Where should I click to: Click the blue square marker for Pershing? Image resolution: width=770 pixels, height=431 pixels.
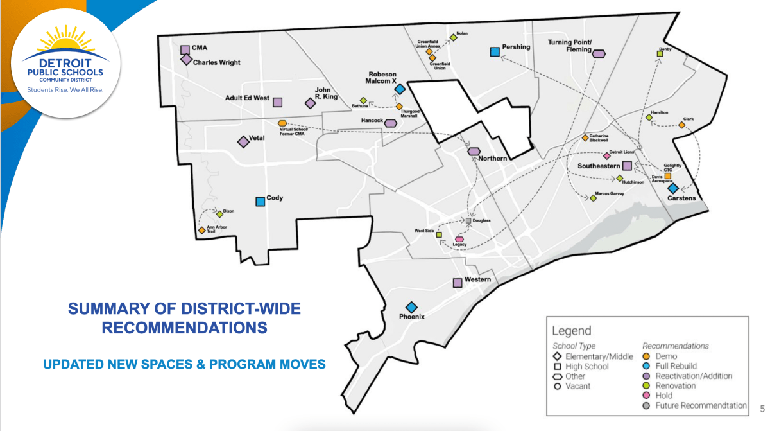[495, 52]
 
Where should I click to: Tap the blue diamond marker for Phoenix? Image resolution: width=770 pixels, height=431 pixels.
[411, 308]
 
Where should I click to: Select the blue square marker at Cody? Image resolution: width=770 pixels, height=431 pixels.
[261, 201]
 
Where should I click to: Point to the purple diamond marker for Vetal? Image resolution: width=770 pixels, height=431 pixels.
[243, 142]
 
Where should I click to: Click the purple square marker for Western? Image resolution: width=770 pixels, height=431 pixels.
[458, 283]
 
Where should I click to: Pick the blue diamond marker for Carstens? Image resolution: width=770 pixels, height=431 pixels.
[672, 188]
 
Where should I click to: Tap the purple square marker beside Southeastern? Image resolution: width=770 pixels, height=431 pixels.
[628, 166]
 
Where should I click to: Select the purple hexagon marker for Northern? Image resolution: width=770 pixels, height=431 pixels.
[474, 152]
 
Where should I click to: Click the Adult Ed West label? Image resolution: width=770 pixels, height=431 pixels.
[247, 98]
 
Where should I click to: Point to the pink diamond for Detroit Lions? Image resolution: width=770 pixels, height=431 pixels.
[606, 155]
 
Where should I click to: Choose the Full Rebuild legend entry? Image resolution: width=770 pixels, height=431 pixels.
[676, 366]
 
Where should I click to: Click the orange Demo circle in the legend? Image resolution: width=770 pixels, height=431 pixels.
[647, 356]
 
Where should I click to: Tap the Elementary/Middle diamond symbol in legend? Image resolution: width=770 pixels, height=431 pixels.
[557, 356]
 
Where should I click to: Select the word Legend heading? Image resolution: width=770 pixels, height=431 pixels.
[572, 331]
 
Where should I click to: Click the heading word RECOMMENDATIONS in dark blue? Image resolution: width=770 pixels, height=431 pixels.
[185, 328]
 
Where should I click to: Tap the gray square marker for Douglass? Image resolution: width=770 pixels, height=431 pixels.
[468, 221]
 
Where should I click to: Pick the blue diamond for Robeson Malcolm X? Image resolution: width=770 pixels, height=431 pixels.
[399, 89]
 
